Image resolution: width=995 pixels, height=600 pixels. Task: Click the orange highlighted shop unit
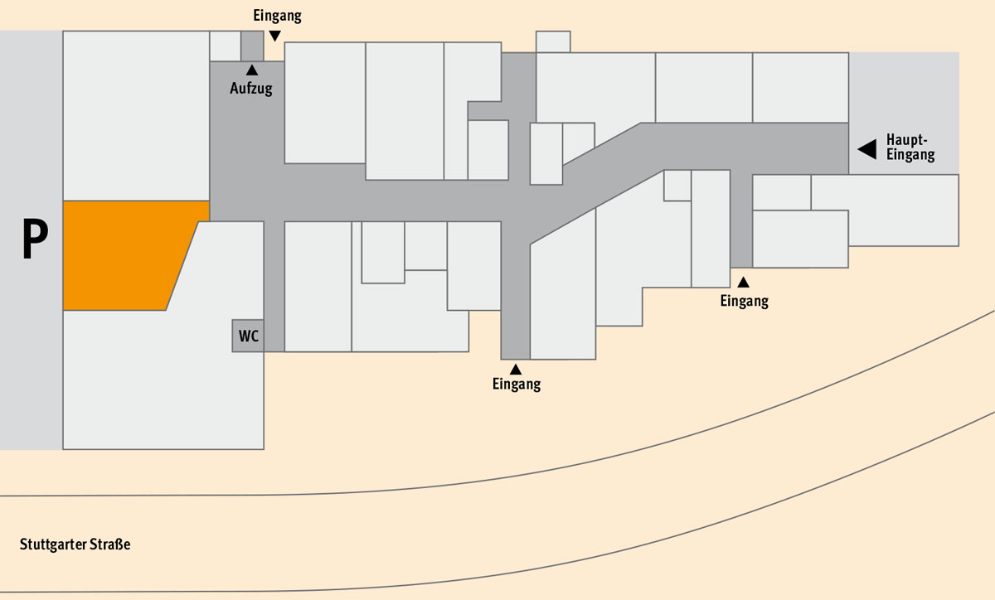point(129,255)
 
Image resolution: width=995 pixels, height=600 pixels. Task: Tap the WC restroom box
point(248,336)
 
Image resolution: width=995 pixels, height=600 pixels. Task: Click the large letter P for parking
point(35,239)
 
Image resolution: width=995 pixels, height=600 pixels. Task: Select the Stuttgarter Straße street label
point(75,544)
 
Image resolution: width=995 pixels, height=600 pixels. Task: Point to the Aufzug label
point(251,89)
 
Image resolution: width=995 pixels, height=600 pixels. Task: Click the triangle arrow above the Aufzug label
point(252,70)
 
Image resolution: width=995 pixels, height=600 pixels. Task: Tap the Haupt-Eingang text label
point(910,147)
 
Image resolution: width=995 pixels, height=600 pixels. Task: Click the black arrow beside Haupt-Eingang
point(867,149)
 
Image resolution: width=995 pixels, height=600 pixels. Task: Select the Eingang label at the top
point(277,16)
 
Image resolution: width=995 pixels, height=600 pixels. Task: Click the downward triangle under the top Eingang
point(275,36)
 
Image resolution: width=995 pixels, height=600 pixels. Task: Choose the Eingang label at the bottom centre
point(517,385)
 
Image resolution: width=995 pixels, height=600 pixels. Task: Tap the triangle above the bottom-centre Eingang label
point(516,370)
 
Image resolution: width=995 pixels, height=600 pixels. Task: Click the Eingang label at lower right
point(745,301)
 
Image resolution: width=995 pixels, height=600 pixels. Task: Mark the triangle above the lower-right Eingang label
point(744,282)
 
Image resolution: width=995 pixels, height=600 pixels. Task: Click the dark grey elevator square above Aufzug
point(252,46)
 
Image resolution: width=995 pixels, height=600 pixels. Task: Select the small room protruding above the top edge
point(553,41)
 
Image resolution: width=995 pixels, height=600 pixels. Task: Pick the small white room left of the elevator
point(226,46)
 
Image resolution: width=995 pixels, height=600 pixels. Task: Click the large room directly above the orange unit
point(136,115)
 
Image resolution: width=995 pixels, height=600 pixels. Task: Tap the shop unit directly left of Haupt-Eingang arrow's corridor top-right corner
point(800,88)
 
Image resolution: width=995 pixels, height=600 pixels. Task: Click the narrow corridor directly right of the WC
point(274,287)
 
